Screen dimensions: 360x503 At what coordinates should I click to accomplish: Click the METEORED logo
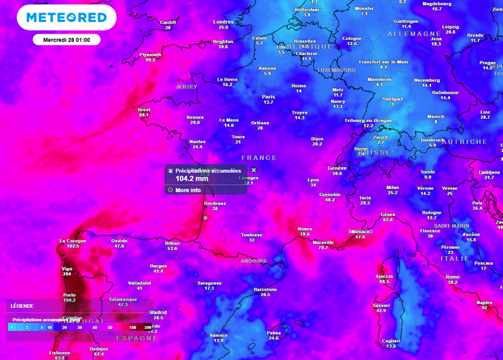66,18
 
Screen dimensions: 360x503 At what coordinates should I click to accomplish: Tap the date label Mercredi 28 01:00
66,40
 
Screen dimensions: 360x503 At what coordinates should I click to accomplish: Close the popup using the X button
254,170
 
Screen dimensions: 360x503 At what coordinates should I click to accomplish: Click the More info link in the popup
188,190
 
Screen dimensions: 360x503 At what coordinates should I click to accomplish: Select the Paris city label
268,97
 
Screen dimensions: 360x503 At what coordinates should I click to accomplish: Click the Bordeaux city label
215,203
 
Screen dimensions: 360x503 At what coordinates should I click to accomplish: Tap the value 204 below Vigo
67,273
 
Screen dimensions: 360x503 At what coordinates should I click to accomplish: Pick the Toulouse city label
252,235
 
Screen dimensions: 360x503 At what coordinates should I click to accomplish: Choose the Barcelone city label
265,290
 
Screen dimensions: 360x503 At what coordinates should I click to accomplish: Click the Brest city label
144,110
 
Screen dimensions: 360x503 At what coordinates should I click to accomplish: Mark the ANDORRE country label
254,261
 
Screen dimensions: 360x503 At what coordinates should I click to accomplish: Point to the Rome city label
452,277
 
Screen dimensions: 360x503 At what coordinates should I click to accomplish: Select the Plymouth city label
150,55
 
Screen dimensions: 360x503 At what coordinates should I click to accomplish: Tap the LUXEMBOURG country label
337,70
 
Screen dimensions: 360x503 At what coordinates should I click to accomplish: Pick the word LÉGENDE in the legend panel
22,306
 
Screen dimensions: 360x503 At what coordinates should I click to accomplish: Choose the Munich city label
436,117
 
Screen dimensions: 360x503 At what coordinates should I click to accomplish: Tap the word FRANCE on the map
259,158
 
